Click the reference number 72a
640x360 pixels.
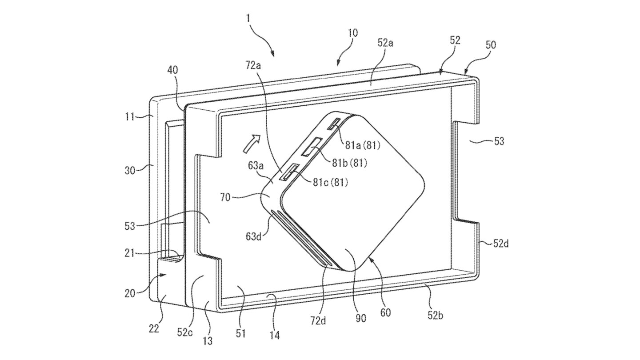(253, 66)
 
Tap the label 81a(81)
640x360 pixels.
(363, 146)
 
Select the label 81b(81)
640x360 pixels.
(349, 163)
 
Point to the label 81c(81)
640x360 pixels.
(330, 182)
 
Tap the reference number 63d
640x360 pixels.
(253, 236)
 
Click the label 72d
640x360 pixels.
(318, 321)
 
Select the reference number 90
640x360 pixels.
(360, 318)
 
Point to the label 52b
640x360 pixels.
(435, 316)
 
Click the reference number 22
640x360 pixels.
(154, 329)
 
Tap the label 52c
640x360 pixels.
(184, 332)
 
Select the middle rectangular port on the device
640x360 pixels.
(313, 147)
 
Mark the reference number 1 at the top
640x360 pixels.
(248, 19)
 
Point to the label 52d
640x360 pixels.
(501, 244)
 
